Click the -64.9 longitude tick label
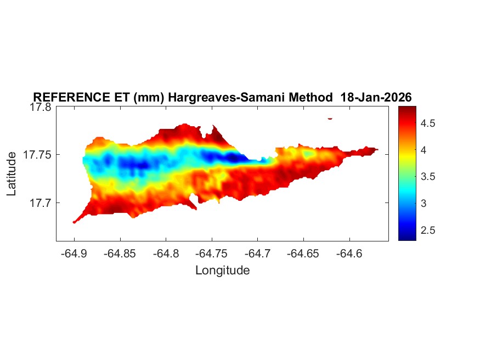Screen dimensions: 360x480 click(x=74, y=254)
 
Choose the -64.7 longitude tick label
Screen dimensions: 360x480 click(x=258, y=254)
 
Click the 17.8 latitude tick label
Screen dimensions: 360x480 click(x=40, y=107)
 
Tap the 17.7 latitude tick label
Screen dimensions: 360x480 click(x=40, y=203)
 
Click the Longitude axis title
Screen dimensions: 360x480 click(x=223, y=270)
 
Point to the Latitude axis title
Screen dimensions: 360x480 click(x=12, y=174)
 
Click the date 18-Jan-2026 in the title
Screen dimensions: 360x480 click(x=376, y=98)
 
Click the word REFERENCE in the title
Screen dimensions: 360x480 click(x=70, y=98)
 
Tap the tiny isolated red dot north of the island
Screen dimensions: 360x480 click(x=330, y=118)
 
